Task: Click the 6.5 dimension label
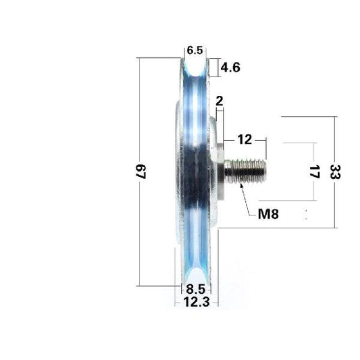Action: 195,51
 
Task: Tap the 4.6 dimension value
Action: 231,67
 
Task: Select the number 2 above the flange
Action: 219,101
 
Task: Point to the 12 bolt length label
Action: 244,140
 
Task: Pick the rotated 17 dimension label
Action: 311,172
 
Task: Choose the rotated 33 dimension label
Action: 336,172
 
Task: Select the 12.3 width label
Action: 196,302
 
